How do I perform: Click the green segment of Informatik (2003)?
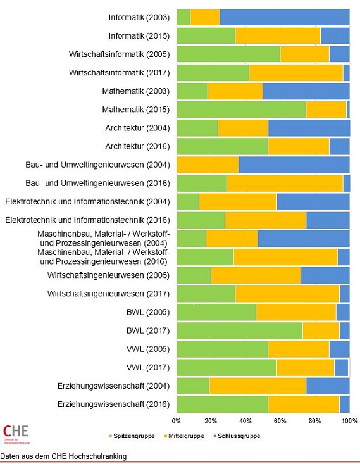click(x=183, y=17)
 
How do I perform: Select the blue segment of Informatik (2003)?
click(x=285, y=17)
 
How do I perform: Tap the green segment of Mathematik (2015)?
click(x=241, y=110)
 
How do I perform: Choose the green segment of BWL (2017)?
click(x=239, y=330)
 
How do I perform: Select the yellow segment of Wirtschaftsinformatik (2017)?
click(x=296, y=73)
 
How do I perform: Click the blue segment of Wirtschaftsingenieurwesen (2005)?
click(x=325, y=275)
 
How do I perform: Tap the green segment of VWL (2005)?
click(x=222, y=349)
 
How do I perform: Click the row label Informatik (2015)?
click(x=139, y=35)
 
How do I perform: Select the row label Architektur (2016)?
click(x=137, y=146)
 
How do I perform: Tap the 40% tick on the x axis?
click(x=245, y=420)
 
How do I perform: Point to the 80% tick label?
click(x=314, y=420)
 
